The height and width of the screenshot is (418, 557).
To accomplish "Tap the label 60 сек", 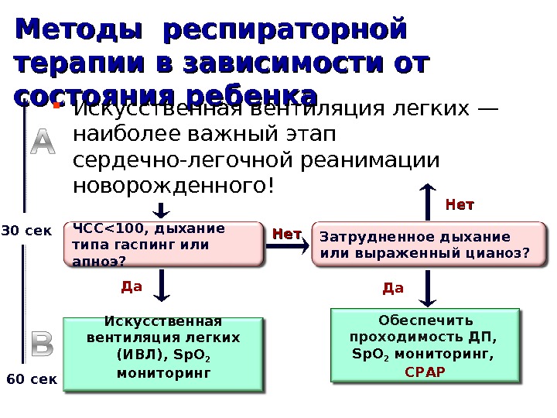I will (x=32, y=380).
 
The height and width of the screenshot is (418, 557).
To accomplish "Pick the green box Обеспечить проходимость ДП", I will (x=425, y=344).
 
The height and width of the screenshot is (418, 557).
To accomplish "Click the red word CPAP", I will (x=425, y=371).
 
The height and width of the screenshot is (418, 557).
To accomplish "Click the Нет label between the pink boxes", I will (x=287, y=233).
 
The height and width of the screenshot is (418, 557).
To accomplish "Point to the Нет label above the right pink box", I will (x=460, y=205).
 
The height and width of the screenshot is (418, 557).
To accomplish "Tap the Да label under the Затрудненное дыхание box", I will (x=393, y=289).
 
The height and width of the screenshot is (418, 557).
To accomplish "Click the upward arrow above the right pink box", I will (x=427, y=200).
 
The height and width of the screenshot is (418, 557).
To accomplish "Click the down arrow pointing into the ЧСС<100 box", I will (x=162, y=209).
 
